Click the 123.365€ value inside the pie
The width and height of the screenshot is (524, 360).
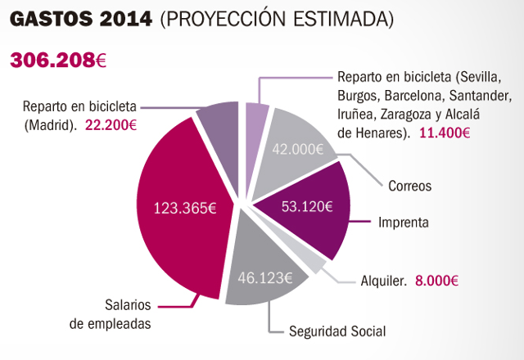click(x=185, y=208)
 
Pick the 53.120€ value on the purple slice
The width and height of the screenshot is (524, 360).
click(x=306, y=205)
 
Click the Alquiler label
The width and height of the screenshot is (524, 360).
click(x=384, y=280)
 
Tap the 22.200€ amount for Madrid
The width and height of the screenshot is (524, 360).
click(x=111, y=125)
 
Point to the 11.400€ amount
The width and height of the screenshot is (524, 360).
click(x=443, y=132)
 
